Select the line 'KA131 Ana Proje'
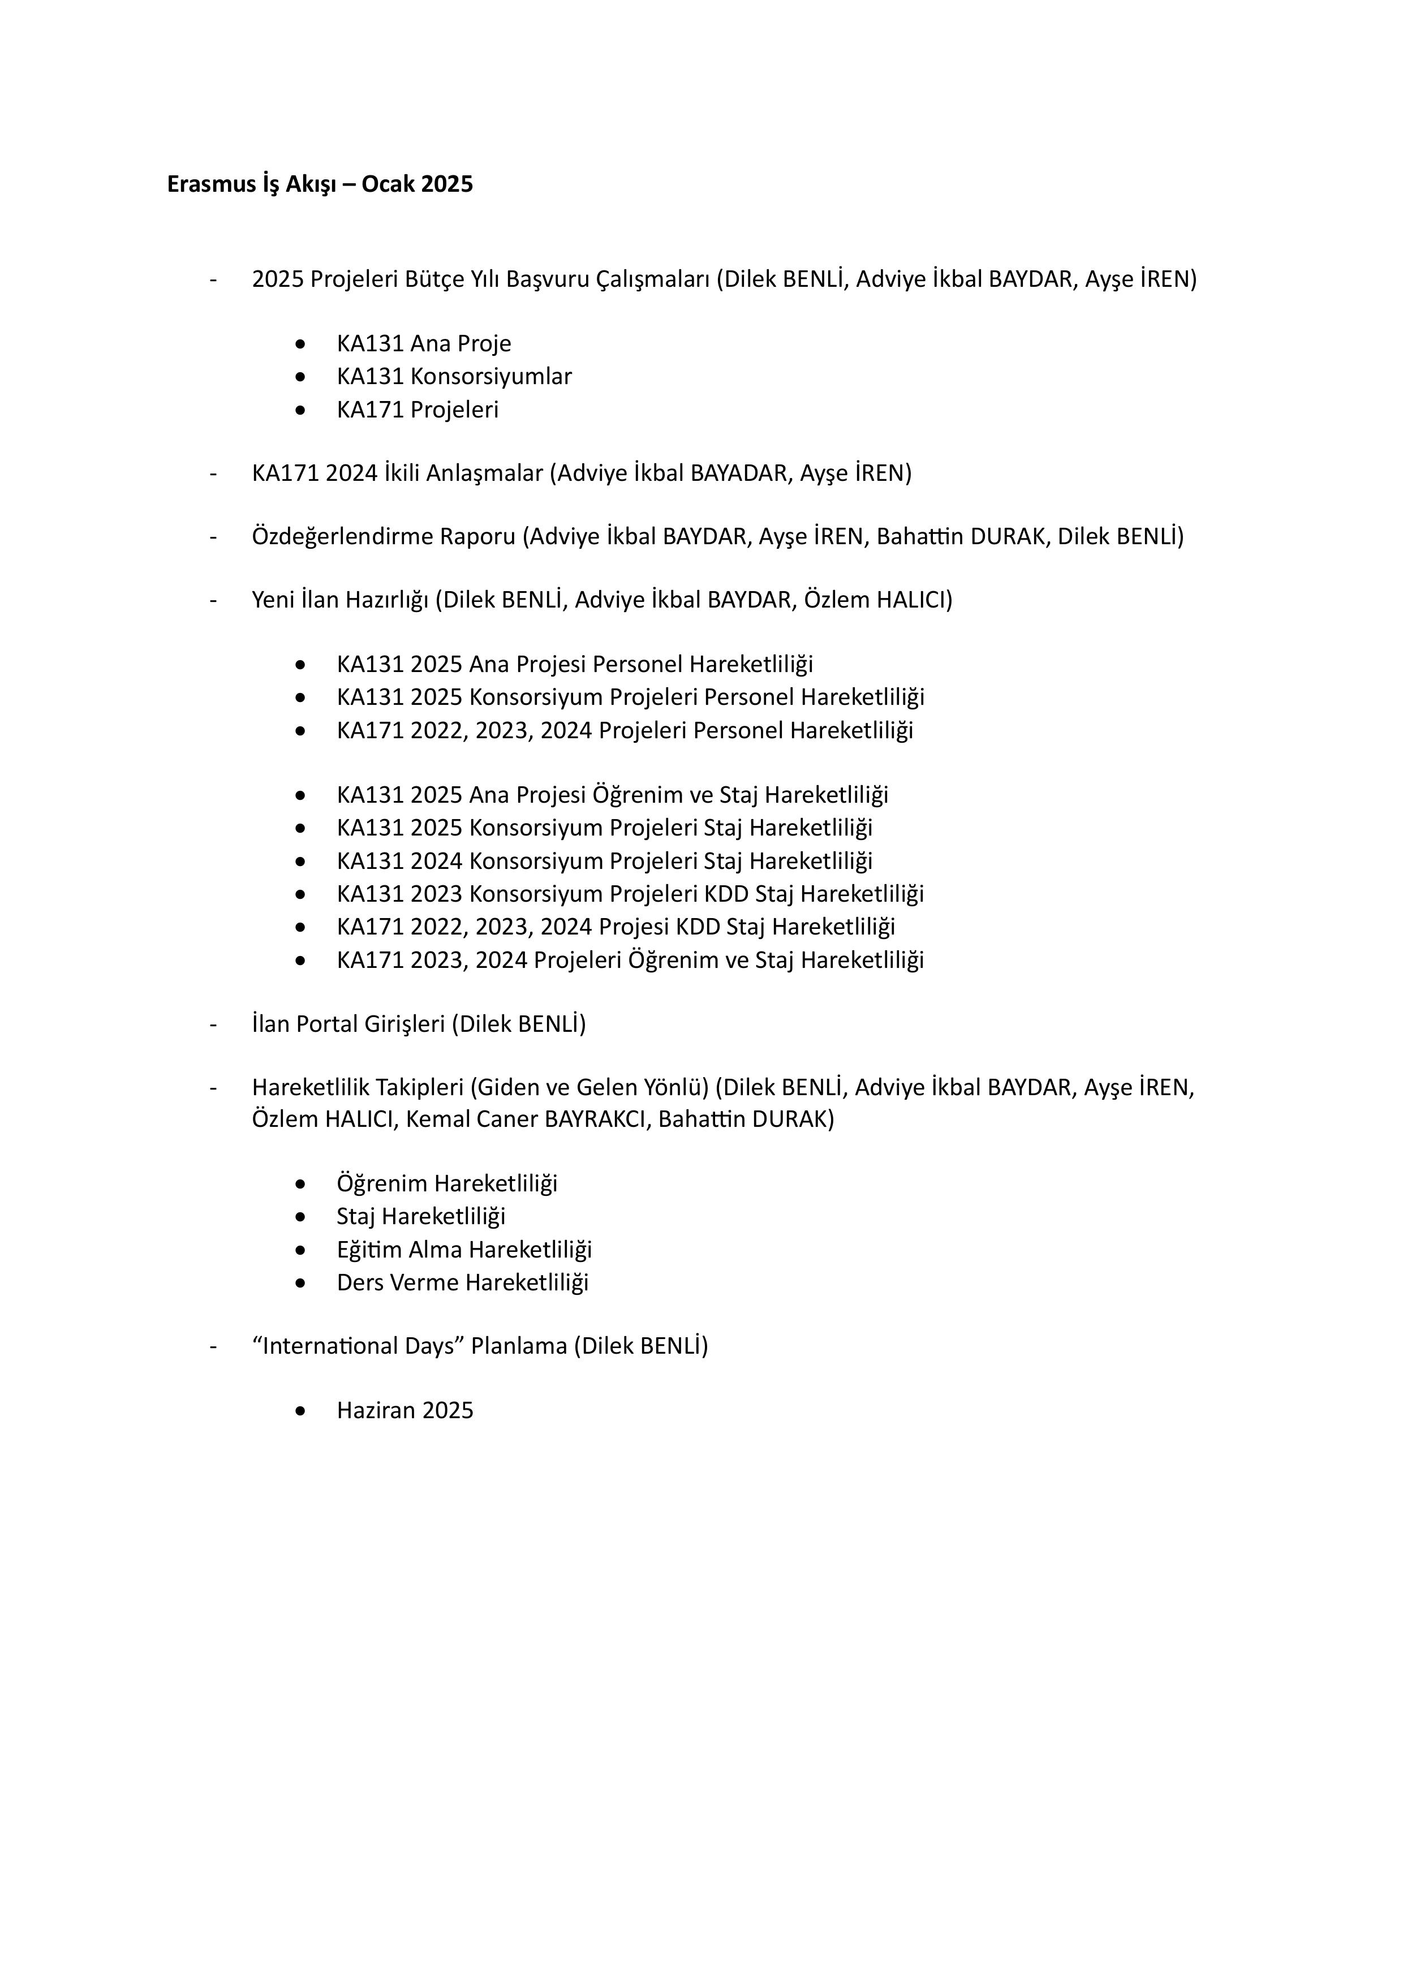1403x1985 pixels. click(424, 344)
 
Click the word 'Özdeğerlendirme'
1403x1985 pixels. click(340, 537)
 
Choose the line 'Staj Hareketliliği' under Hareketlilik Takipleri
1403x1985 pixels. click(421, 1216)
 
